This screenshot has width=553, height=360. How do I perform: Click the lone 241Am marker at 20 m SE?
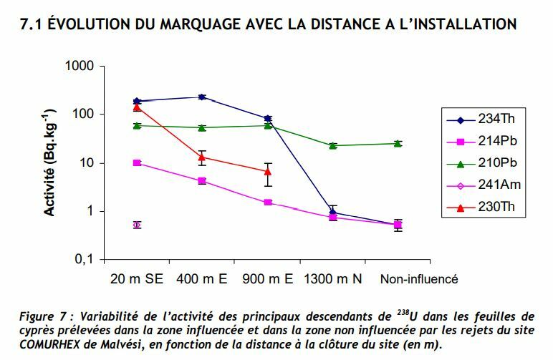pyautogui.click(x=137, y=225)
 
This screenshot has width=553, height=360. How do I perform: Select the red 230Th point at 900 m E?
pyautogui.click(x=268, y=172)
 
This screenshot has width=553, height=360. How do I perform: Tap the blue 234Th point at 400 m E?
pyautogui.click(x=202, y=97)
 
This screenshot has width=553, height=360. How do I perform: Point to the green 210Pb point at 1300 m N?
pyautogui.click(x=333, y=145)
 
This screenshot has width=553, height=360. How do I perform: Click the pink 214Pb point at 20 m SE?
pyautogui.click(x=137, y=163)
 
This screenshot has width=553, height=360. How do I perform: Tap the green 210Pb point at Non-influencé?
pyautogui.click(x=398, y=143)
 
